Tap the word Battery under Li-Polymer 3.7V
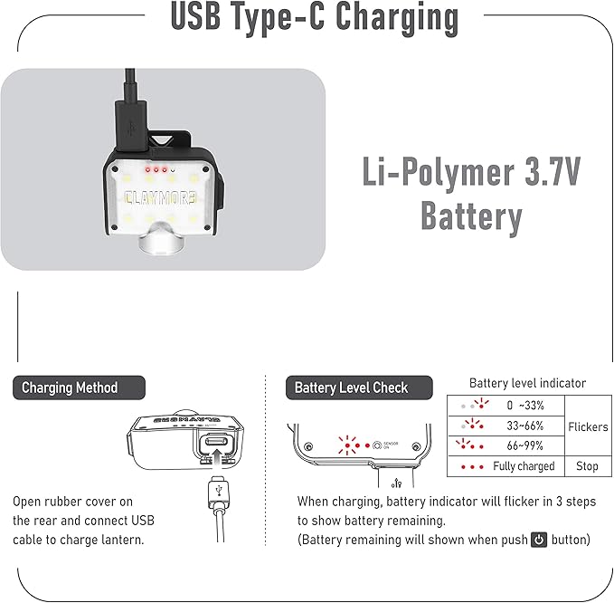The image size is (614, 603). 471,217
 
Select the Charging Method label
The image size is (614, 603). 70,388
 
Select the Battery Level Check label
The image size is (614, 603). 351,388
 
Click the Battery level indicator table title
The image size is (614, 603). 528,383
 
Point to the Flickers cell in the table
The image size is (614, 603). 588,426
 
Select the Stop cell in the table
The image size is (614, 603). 588,466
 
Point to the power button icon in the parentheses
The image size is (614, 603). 539,540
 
